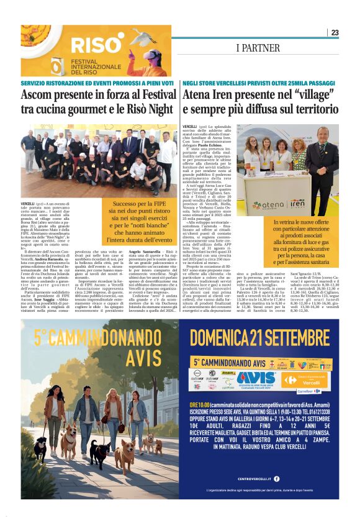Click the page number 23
[335, 32]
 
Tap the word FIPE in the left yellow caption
[155, 202]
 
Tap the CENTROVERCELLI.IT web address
[263, 479]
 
